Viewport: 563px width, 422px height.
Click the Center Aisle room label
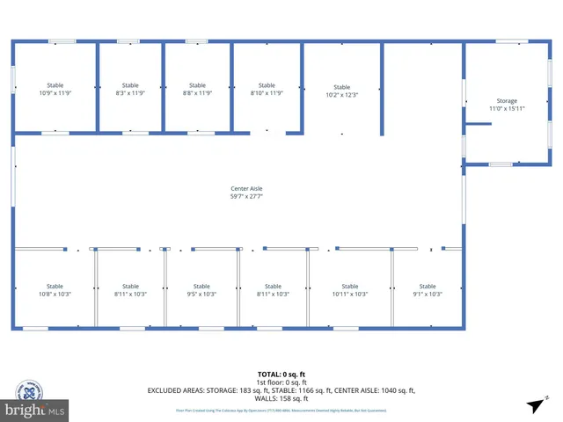click(246, 188)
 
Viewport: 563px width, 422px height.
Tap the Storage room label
click(506, 101)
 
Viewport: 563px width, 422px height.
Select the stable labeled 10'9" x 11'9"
click(55, 89)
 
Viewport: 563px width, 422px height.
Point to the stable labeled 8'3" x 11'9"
click(129, 89)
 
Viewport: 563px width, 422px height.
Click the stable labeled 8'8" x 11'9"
click(197, 89)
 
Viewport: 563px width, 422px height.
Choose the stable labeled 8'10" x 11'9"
click(267, 89)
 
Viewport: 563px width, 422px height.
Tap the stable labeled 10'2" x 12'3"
click(341, 91)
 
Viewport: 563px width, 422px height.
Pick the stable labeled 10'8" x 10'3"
click(55, 290)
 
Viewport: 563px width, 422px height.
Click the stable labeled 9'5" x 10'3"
click(201, 290)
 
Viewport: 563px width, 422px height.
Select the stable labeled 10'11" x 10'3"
click(349, 290)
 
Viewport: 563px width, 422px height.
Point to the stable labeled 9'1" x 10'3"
click(427, 290)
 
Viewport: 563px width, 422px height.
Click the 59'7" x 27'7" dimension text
click(246, 196)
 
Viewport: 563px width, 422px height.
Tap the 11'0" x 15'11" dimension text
click(506, 108)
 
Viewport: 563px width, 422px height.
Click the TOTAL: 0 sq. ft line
click(281, 375)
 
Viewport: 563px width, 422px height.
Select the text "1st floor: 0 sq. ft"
click(281, 382)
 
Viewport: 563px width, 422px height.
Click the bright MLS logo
click(35, 410)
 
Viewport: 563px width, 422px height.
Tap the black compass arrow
click(534, 405)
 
